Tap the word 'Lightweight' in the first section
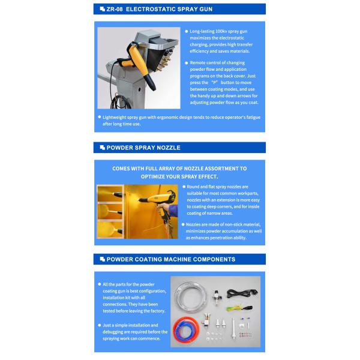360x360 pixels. click(x=116, y=117)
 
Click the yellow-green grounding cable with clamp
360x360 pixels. click(x=241, y=308)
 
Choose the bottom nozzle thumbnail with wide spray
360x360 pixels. click(x=110, y=229)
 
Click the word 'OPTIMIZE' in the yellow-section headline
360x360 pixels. click(x=159, y=177)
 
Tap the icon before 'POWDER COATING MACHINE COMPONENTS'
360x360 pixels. click(x=101, y=259)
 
